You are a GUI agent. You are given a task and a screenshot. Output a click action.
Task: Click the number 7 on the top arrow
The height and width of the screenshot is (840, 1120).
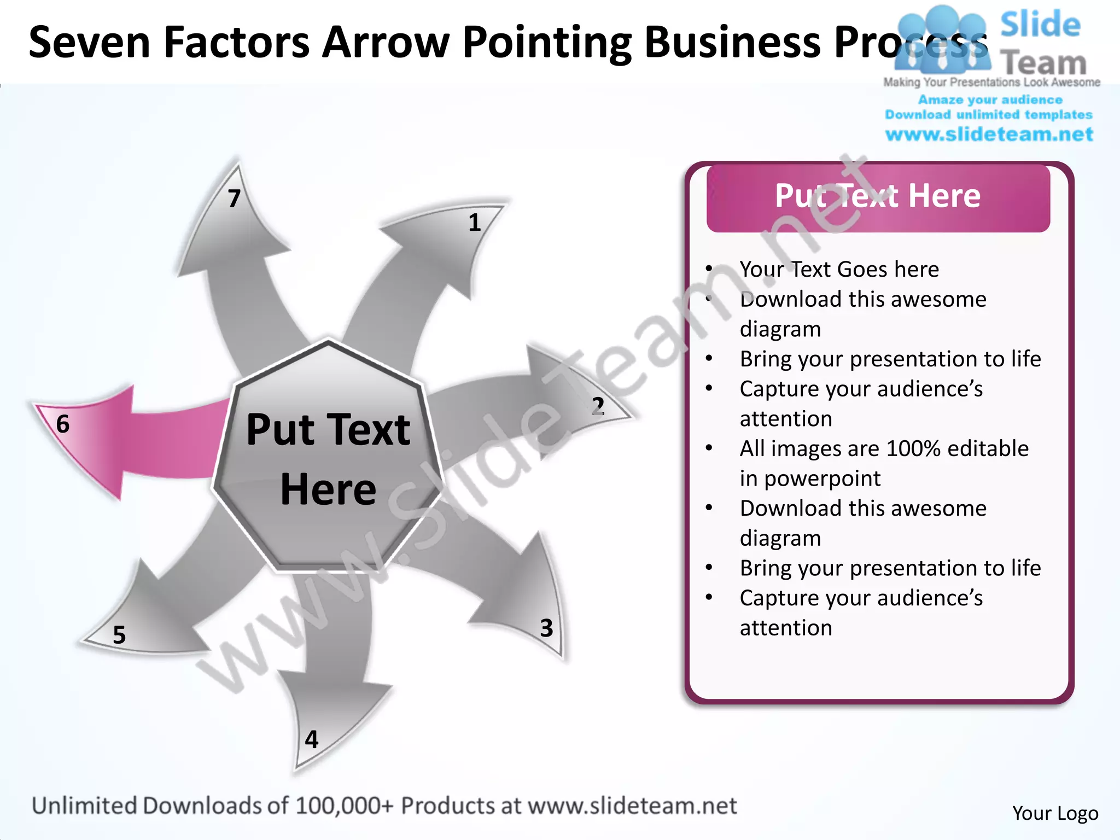coord(234,199)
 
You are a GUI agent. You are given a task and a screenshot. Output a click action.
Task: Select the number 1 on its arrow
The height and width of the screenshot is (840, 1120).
coord(474,223)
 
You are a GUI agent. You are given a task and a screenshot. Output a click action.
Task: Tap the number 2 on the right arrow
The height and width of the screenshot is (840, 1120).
coord(598,406)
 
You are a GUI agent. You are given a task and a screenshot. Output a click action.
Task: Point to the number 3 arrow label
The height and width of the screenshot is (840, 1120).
coord(546,628)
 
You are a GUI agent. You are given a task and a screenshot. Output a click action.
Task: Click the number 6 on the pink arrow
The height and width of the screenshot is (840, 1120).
coord(63,424)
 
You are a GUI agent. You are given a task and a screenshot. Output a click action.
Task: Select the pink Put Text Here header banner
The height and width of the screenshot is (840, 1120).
coord(878,197)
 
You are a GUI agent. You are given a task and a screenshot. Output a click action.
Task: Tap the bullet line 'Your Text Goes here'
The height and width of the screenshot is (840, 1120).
coord(839,269)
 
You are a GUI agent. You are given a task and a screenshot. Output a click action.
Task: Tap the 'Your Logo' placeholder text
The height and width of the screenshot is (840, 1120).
coord(1055,813)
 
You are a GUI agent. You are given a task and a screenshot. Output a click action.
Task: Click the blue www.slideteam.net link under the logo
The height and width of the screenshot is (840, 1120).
coord(989,135)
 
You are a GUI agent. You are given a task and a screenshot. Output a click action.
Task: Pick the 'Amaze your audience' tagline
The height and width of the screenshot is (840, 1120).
coord(990,100)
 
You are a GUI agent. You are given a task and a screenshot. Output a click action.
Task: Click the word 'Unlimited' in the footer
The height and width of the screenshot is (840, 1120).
coord(84,806)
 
